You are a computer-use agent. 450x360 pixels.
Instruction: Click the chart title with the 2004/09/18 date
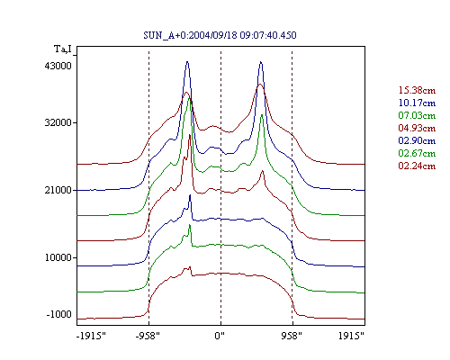pyautogui.click(x=220, y=35)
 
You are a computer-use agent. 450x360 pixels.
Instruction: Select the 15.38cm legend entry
pyautogui.click(x=417, y=90)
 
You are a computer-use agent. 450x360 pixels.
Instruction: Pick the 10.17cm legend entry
pyautogui.click(x=417, y=103)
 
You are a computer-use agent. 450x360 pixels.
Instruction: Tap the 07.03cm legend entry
pyautogui.click(x=417, y=115)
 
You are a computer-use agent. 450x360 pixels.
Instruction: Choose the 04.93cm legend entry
pyautogui.click(x=417, y=128)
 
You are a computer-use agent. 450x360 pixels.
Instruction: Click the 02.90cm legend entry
pyautogui.click(x=417, y=140)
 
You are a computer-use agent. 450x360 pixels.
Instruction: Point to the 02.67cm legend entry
pyautogui.click(x=417, y=153)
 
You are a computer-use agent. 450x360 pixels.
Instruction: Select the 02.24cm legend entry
pyautogui.click(x=417, y=166)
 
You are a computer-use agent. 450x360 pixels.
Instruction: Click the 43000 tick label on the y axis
pyautogui.click(x=58, y=66)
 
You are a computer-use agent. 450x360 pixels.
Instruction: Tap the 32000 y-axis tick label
pyautogui.click(x=58, y=122)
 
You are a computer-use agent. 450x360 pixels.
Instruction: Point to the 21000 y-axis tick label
pyautogui.click(x=58, y=190)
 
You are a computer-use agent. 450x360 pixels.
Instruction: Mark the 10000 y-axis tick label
pyautogui.click(x=58, y=257)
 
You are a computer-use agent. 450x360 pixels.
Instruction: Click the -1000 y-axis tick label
pyautogui.click(x=59, y=314)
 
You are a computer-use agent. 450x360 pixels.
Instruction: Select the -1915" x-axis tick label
pyautogui.click(x=91, y=336)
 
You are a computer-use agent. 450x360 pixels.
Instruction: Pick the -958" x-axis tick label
pyautogui.click(x=148, y=336)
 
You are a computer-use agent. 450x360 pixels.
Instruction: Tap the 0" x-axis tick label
pyautogui.click(x=220, y=336)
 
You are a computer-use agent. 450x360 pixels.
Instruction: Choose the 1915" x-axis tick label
pyautogui.click(x=351, y=336)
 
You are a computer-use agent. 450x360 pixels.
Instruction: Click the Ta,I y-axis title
pyautogui.click(x=63, y=49)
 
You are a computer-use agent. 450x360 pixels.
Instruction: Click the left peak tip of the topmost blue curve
pyautogui.click(x=187, y=62)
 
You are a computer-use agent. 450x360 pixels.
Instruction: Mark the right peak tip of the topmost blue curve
pyautogui.click(x=261, y=62)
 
